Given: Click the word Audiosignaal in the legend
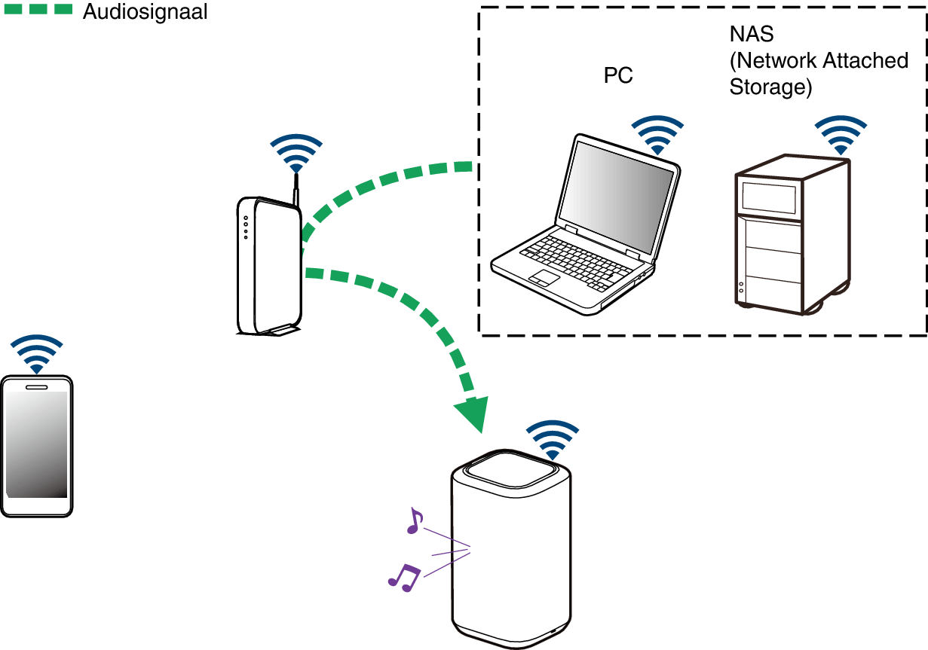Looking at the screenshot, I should click(144, 12).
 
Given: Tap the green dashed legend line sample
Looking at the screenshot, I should click(37, 11).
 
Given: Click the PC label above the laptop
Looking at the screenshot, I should click(618, 75).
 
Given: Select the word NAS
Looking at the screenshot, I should click(752, 35).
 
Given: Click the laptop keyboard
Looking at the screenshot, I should click(572, 260).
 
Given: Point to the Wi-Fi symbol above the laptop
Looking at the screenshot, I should click(658, 136).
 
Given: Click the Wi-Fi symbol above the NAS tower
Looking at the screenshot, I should click(841, 136).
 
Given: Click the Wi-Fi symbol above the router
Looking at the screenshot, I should click(296, 154).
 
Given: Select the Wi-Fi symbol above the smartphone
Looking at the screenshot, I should click(36, 354).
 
